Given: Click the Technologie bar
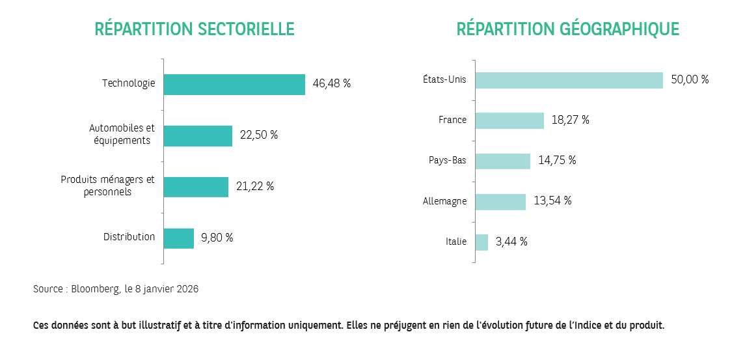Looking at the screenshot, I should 234,85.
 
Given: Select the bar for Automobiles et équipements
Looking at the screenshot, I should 198,136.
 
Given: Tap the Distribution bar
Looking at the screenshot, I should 178,238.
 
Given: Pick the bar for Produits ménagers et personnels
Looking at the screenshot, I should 196,187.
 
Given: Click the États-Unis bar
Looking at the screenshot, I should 569,80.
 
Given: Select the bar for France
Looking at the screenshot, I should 509,120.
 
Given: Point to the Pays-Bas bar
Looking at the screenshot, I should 503,161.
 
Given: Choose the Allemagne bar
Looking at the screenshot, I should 500,201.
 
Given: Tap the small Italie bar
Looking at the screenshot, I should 481,242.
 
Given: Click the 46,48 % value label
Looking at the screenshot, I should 331,84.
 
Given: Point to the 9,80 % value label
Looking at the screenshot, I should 217,238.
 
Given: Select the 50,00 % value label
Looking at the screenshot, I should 689,80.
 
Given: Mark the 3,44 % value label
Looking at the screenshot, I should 511,242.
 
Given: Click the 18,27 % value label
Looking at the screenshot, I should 570,120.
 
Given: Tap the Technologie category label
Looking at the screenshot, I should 128,83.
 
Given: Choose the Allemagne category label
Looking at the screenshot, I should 444,201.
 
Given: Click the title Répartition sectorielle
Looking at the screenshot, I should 195,29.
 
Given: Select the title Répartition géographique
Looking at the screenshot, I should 567,29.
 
